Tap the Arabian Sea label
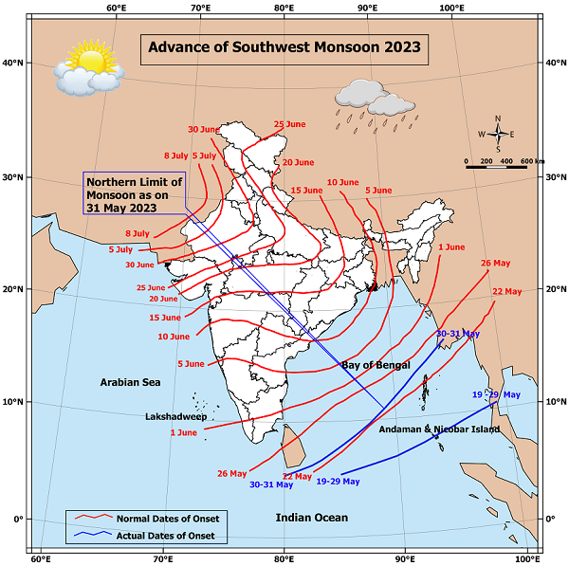[x=131, y=381]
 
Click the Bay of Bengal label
[x=376, y=365]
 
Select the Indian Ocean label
[x=312, y=517]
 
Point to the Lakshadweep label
[x=176, y=416]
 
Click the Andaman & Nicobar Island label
[x=438, y=429]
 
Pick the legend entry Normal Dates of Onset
[x=167, y=518]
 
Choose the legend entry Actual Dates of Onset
[x=167, y=537]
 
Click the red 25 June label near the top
[x=289, y=124]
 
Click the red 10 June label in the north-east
[x=342, y=182]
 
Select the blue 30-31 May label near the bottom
[x=271, y=484]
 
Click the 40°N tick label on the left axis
[x=16, y=64]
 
